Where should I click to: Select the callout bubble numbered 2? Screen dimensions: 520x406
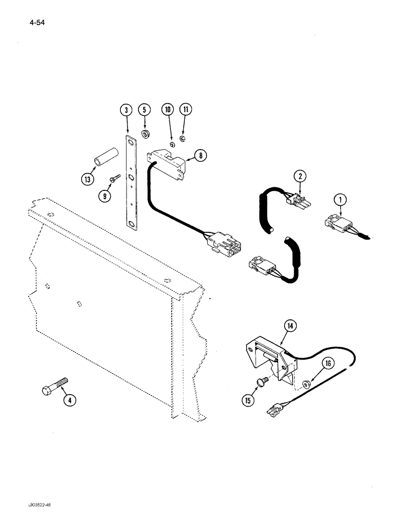[299, 176]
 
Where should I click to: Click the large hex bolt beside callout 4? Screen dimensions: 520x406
[53, 387]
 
